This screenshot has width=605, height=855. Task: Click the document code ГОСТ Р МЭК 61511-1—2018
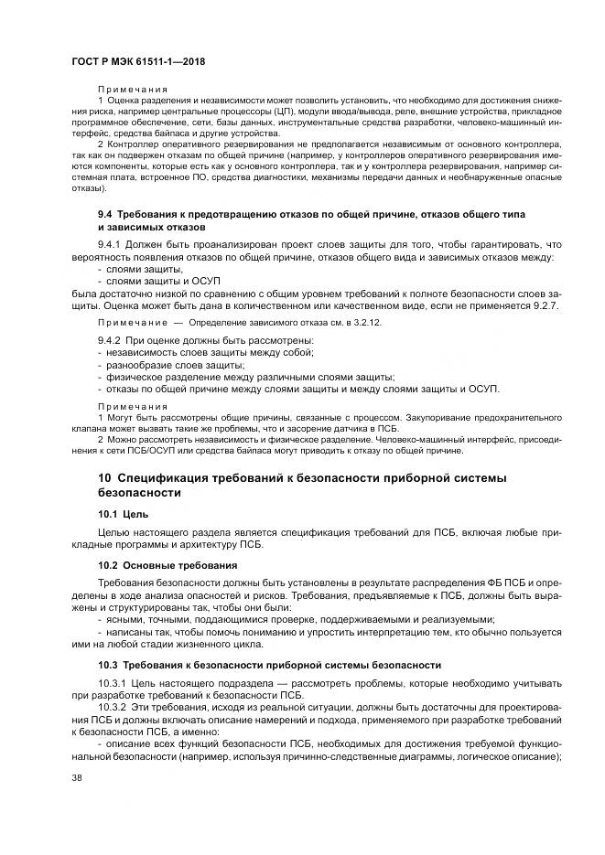[x=137, y=61]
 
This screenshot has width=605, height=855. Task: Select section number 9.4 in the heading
[x=105, y=213]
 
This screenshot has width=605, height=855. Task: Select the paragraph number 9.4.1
[x=112, y=245]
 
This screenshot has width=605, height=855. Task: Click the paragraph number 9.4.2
[x=112, y=340]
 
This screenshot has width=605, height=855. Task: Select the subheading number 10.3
[x=108, y=664]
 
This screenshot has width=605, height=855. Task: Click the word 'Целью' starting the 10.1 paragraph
[x=113, y=532]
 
